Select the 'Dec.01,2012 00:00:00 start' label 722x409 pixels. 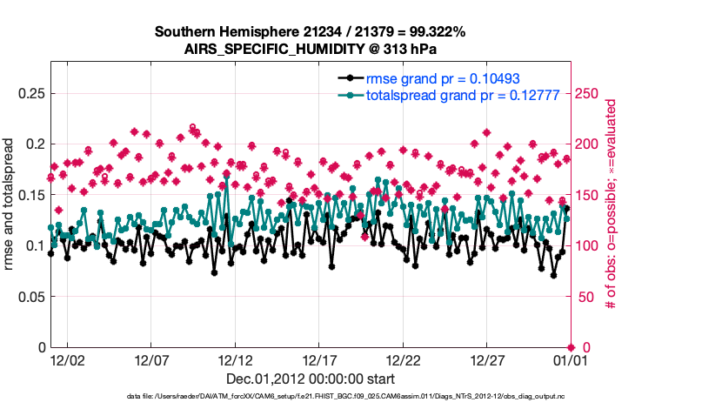click(x=311, y=379)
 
